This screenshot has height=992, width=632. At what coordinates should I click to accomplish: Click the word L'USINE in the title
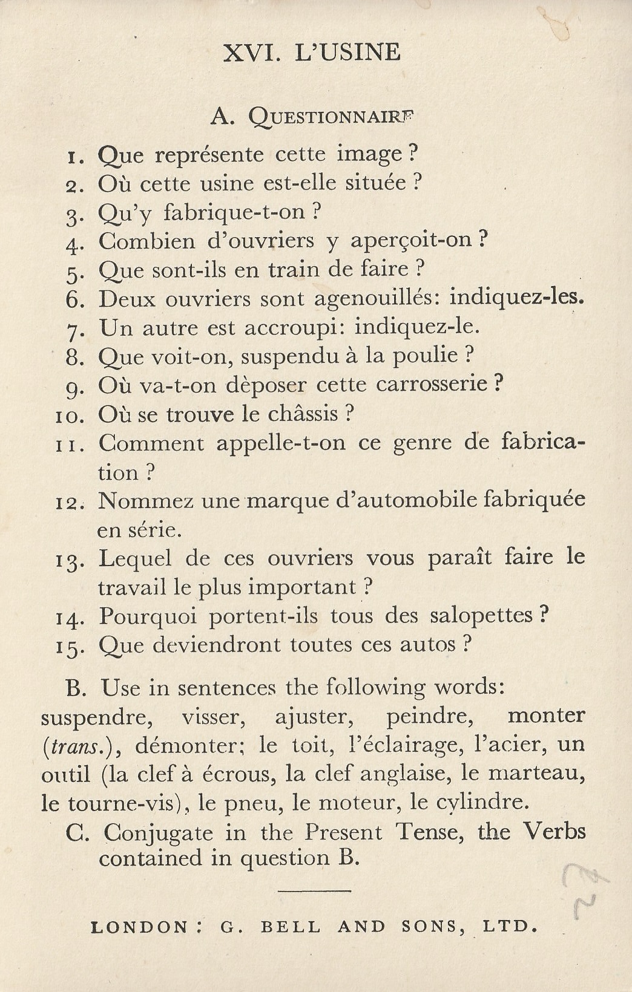(x=347, y=53)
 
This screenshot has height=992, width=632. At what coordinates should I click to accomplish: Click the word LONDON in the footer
(x=139, y=927)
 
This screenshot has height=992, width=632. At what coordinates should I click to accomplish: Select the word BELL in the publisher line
(x=290, y=927)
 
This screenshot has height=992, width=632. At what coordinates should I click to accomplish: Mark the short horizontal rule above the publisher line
(x=315, y=890)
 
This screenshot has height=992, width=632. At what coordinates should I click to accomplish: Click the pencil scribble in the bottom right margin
(x=581, y=892)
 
